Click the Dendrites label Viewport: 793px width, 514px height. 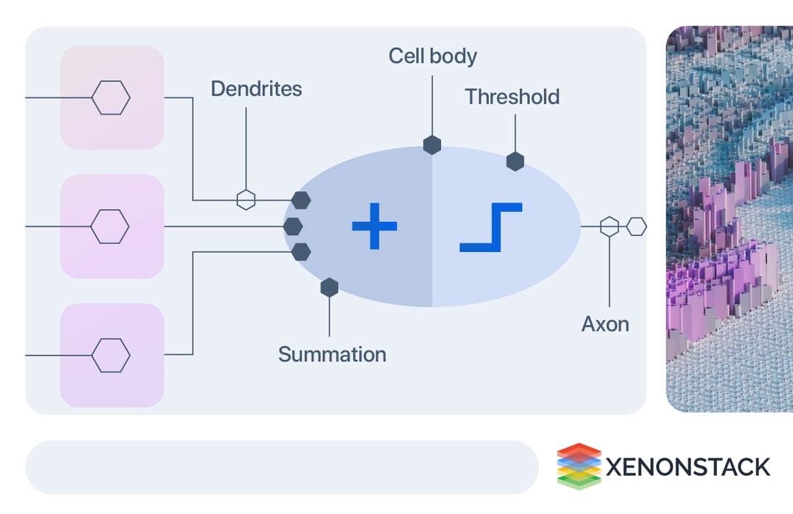[x=256, y=89]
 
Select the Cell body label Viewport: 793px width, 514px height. [x=432, y=56]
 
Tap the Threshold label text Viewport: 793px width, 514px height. [x=512, y=97]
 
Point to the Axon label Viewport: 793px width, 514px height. [x=605, y=324]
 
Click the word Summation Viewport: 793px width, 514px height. [x=332, y=355]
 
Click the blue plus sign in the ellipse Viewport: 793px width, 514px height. [x=374, y=227]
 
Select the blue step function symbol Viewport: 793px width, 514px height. [x=491, y=227]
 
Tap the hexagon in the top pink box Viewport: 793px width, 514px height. [x=111, y=98]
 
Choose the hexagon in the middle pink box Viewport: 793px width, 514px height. [x=110, y=227]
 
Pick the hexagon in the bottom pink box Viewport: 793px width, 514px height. [x=111, y=355]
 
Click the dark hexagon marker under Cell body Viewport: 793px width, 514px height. [x=432, y=145]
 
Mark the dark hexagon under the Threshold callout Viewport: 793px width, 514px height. [x=515, y=161]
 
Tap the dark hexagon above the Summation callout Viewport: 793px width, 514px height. [x=330, y=287]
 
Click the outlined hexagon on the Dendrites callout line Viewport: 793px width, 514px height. [x=246, y=200]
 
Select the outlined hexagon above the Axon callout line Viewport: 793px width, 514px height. [x=610, y=227]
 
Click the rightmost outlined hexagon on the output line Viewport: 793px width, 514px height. [x=637, y=227]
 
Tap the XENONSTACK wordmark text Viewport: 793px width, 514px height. [x=687, y=467]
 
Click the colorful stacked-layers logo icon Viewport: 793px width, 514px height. [x=579, y=466]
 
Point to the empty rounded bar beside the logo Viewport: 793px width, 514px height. [x=282, y=467]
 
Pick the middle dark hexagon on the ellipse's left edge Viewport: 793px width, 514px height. [x=293, y=227]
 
